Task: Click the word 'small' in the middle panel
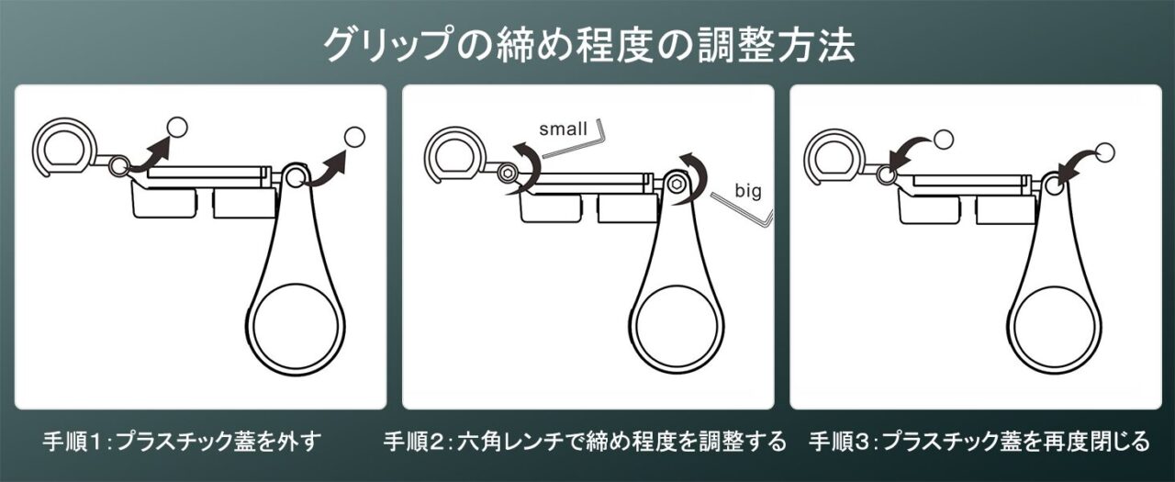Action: point(563,129)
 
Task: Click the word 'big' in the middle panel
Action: point(748,191)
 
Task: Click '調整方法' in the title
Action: point(776,45)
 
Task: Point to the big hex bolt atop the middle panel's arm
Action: point(677,184)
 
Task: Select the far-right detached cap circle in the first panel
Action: point(354,138)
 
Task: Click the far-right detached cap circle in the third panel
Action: point(1104,152)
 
